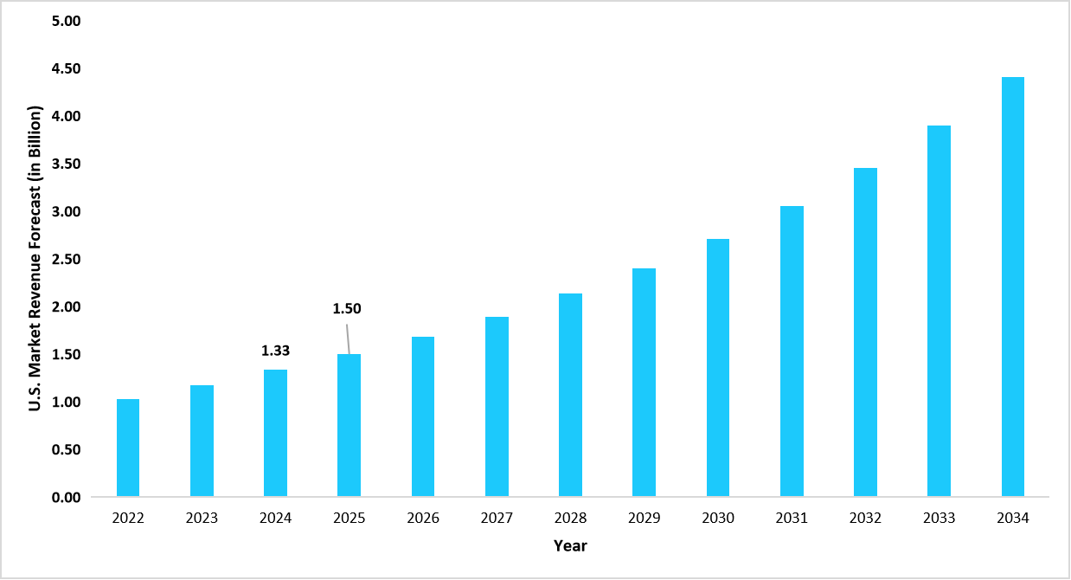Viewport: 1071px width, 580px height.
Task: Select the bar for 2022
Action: (127, 448)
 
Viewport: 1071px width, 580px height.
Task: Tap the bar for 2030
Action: (717, 368)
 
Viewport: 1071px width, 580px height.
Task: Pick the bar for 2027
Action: (497, 407)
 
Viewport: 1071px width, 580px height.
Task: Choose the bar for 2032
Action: (865, 332)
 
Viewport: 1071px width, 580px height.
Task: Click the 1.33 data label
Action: (275, 351)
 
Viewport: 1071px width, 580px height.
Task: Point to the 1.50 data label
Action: (347, 308)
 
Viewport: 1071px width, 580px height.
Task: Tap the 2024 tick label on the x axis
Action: (275, 518)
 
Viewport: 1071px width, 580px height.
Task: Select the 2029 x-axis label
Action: (644, 518)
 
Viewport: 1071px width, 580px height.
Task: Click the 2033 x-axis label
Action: (939, 518)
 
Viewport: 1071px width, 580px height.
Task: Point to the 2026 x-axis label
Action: (423, 518)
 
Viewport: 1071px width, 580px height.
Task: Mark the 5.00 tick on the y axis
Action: (66, 21)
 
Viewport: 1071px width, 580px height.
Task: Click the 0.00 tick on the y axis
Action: (66, 498)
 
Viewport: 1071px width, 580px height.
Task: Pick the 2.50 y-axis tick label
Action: (66, 259)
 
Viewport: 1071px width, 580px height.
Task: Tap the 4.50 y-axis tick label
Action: (66, 68)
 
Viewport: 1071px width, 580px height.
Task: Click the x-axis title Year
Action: (570, 545)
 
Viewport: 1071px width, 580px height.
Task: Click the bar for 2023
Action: (202, 441)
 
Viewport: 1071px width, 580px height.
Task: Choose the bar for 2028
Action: (570, 396)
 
